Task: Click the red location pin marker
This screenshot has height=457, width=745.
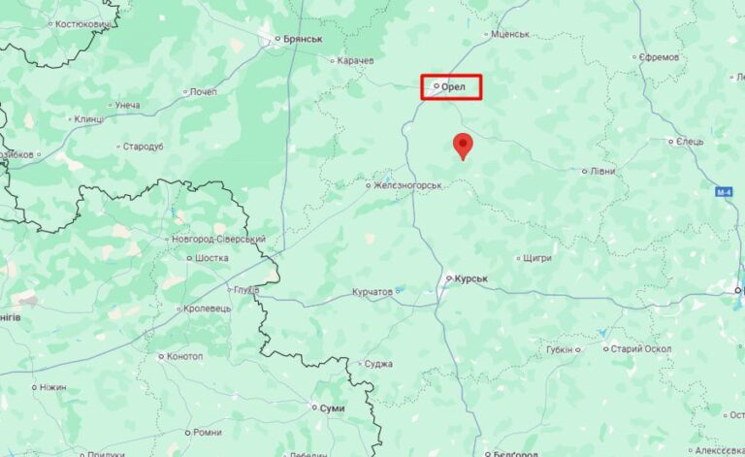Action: (x=464, y=145)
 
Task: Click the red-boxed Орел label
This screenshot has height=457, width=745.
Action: (x=453, y=87)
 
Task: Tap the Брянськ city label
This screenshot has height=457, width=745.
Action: (x=302, y=40)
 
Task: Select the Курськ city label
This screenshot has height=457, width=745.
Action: (x=470, y=278)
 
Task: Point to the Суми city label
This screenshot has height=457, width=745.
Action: (x=332, y=408)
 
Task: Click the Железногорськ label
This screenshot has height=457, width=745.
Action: (x=408, y=184)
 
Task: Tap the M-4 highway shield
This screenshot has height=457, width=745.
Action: (x=725, y=192)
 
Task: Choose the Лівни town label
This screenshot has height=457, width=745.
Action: (x=602, y=171)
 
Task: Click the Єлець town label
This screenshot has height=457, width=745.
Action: (x=690, y=142)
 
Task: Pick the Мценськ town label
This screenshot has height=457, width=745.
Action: (x=510, y=34)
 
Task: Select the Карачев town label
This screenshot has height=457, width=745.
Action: (x=356, y=60)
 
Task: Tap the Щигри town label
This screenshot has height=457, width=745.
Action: (x=536, y=258)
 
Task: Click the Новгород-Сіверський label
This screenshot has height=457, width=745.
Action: (x=218, y=239)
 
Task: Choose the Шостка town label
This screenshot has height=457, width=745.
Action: (x=211, y=258)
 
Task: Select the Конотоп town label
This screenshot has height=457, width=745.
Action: (x=185, y=356)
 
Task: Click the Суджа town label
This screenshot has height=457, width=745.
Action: (x=378, y=364)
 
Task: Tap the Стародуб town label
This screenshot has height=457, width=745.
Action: (x=144, y=147)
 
